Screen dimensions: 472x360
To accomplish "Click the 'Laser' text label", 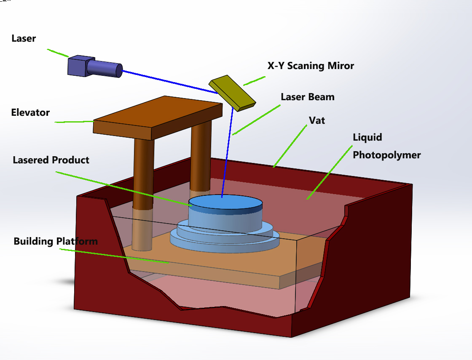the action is pos(24,38).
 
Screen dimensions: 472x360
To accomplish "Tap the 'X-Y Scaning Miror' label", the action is pos(311,66).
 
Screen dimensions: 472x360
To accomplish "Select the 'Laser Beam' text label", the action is pos(308,97).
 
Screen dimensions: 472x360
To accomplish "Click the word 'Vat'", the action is pos(317,120).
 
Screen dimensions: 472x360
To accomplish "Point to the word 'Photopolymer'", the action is pos(387,155).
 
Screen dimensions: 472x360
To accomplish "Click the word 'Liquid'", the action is pos(367,137).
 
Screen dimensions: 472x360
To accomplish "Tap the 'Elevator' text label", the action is pos(30,112).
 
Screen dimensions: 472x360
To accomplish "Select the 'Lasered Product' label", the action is pos(51,160).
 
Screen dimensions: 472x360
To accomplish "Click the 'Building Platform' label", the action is pos(56,241).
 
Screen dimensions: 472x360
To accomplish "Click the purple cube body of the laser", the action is pos(78,66).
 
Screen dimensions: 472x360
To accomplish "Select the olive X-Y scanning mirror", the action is pos(232,93).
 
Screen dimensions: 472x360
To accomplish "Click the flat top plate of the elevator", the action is pos(158,118).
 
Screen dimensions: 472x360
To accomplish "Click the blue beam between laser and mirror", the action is pos(170,82).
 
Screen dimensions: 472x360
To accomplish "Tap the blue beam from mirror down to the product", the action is pos(227,152).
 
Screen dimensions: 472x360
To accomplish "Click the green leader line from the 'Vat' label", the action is pos(290,146).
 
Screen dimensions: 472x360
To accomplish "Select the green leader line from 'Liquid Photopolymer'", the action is pos(330,172).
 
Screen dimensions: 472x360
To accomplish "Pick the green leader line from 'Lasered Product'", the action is pos(124,189).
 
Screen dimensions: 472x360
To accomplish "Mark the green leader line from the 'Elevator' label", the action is pos(74,122).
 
